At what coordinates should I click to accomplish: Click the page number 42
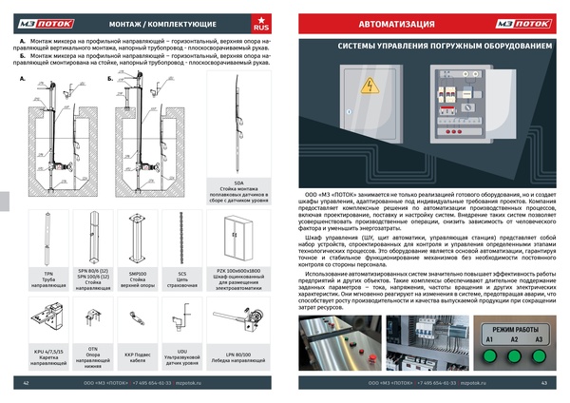(27, 383)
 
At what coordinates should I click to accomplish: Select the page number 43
(543, 383)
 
